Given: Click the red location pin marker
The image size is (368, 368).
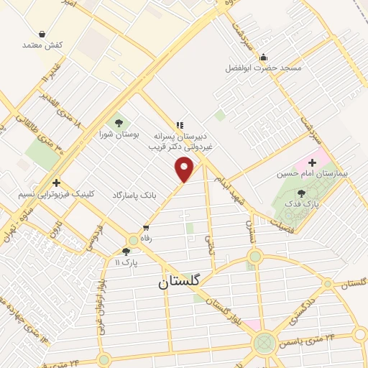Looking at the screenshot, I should point(185,170).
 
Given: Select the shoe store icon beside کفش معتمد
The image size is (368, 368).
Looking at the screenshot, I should point(42,34).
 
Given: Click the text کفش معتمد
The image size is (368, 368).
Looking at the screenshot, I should point(43,45).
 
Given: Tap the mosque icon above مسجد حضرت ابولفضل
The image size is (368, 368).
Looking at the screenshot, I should point(263,57).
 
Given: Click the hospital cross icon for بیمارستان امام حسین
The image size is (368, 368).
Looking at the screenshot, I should point(312,163).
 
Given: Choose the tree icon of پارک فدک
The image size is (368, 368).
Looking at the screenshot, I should point(300,192).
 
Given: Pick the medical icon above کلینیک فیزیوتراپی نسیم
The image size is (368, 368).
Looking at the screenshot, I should point(56,183).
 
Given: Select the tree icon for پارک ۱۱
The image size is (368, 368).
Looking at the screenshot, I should point(126,251).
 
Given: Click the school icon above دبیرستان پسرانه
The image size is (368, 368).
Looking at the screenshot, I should point(180,124).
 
